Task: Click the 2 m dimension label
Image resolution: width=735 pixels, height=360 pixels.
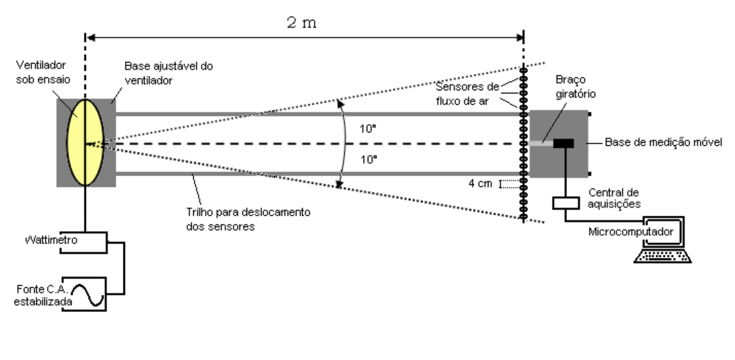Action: click(302, 22)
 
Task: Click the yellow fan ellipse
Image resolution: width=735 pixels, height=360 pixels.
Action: click(85, 143)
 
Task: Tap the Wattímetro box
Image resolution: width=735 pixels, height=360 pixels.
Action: click(84, 242)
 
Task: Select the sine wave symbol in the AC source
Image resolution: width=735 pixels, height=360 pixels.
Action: click(88, 295)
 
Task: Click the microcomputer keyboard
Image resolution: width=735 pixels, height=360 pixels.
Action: click(662, 256)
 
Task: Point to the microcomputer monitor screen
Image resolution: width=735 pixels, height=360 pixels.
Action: click(663, 232)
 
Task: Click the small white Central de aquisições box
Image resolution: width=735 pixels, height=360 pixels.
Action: click(566, 203)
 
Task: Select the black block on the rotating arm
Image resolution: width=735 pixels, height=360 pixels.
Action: click(563, 143)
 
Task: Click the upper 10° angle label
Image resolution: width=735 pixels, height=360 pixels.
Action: click(367, 128)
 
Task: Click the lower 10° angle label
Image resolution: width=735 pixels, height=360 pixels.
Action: click(368, 160)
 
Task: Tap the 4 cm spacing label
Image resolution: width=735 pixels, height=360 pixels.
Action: click(480, 183)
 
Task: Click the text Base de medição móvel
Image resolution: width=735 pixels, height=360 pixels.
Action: click(663, 142)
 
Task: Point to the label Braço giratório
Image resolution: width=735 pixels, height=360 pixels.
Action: click(575, 87)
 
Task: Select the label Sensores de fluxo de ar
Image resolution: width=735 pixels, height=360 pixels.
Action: click(467, 94)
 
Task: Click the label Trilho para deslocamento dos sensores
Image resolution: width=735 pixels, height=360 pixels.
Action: click(248, 219)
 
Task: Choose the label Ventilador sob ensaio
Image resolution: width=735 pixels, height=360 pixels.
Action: click(43, 72)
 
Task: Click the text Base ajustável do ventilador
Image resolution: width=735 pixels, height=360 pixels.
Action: click(169, 73)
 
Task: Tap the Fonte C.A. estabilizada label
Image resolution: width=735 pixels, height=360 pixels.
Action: click(43, 295)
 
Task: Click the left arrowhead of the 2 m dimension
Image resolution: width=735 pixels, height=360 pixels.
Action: click(91, 38)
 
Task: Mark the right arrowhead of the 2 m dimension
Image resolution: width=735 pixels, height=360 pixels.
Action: click(519, 38)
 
